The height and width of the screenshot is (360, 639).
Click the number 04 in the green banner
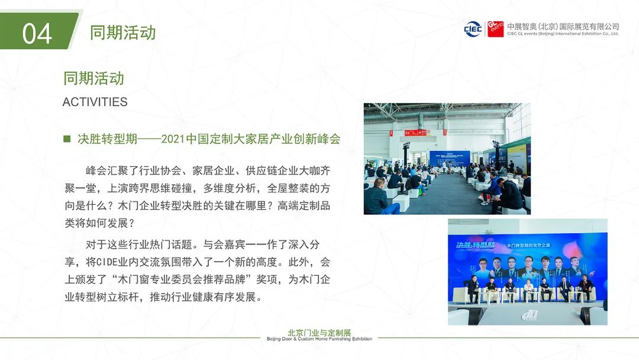[x=37, y=33]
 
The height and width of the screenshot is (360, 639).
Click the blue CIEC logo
[x=473, y=30]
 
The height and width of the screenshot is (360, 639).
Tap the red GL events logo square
[x=496, y=30]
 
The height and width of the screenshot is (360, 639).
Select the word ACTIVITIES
[x=95, y=102]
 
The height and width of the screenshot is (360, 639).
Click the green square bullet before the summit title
[x=67, y=139]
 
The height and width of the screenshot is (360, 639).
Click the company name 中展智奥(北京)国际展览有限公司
[x=563, y=27]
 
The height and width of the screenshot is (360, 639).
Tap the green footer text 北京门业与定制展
[x=319, y=332]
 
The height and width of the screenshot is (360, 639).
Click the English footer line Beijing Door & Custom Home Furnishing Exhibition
[x=319, y=339]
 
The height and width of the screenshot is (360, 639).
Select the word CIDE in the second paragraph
[x=106, y=262]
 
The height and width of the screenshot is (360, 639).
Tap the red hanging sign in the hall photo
[x=415, y=133]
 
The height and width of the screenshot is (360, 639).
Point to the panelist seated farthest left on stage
[x=473, y=289]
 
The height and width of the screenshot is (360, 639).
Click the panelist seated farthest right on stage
[x=585, y=288]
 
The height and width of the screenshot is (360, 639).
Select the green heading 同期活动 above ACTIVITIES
[x=93, y=78]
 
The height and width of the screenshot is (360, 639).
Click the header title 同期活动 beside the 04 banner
[x=122, y=33]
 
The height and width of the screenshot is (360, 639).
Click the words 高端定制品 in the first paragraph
[x=304, y=205]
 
